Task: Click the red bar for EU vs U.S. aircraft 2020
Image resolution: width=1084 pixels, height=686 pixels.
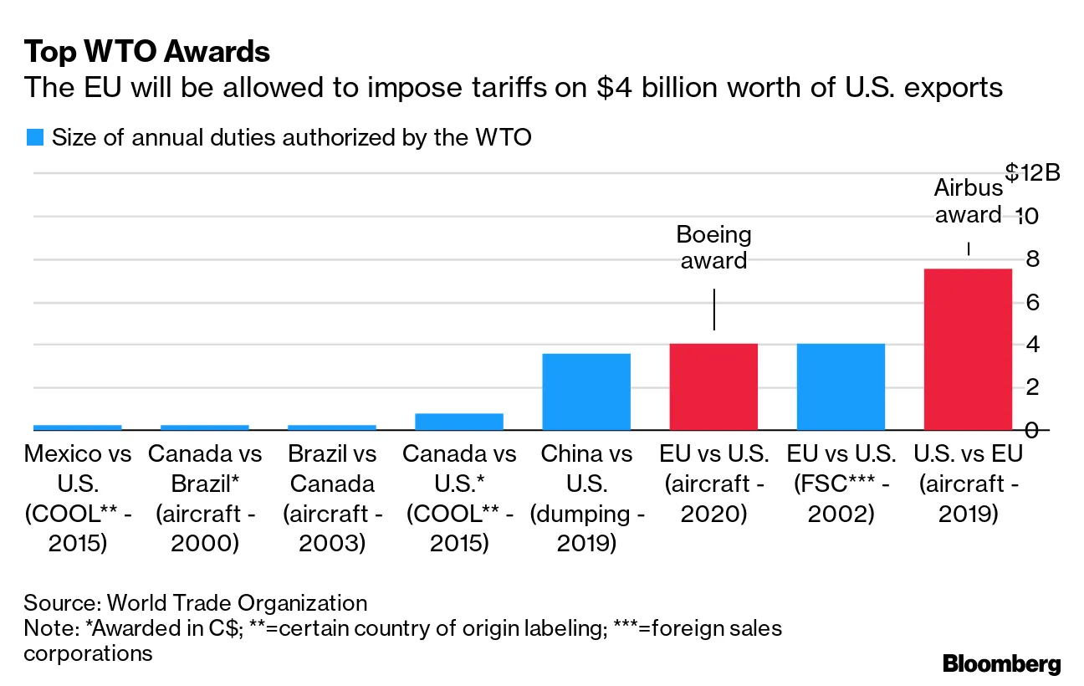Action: coord(713,387)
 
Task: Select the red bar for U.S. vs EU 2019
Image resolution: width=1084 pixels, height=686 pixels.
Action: coord(967,349)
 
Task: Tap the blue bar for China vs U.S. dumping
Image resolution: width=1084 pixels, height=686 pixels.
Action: coord(586,392)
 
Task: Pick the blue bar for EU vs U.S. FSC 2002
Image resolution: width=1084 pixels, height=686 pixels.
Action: coord(841,387)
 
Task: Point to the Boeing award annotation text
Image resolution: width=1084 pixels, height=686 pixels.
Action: coord(713,248)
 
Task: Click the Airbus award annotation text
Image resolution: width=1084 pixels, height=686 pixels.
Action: coord(968,202)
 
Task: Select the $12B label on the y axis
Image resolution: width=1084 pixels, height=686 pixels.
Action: coord(1032,173)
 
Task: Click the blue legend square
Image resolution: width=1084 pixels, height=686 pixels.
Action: coord(34,138)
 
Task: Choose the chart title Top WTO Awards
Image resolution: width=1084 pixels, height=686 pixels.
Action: coord(147,53)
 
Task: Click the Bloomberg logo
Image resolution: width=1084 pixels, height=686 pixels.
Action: coord(1001,664)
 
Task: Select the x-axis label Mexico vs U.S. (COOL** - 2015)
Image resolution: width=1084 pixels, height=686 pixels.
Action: coord(78,499)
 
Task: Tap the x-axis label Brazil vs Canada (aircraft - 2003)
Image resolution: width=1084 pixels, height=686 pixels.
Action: coord(332,499)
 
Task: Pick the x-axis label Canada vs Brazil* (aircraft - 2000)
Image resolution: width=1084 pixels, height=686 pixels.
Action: coord(205,499)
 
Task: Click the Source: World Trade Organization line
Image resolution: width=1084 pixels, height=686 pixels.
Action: coord(196,603)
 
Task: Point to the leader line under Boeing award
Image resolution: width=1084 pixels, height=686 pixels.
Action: coord(713,310)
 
